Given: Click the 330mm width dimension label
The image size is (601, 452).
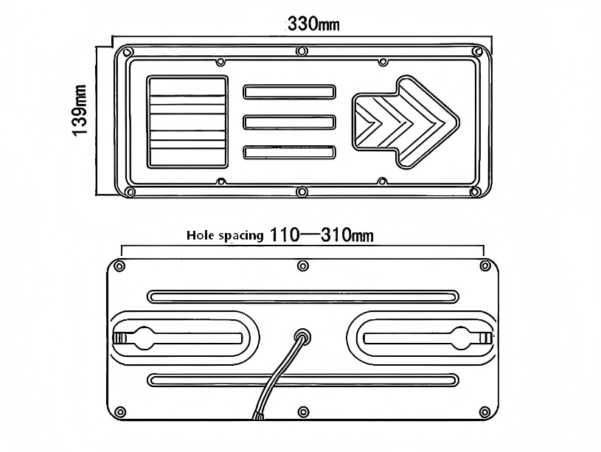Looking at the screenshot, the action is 313,24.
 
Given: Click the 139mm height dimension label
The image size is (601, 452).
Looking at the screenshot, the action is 80,111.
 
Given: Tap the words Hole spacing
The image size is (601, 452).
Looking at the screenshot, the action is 225,235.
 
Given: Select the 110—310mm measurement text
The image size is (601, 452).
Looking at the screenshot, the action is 322,234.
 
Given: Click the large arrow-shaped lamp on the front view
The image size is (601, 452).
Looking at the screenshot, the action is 406,122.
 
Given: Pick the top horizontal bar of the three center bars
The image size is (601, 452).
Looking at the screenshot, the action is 289,92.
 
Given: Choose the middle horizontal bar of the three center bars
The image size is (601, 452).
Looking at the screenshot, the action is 289,122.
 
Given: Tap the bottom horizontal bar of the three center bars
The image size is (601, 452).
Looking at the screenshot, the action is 289,152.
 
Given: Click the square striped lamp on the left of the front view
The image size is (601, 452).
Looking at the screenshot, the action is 187,122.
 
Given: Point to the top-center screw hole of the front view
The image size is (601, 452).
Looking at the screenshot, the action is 302,51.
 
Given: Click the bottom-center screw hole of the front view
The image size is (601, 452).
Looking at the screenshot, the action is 302,191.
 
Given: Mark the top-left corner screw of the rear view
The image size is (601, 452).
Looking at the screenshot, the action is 120,265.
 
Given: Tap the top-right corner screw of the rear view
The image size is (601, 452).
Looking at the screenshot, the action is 485,265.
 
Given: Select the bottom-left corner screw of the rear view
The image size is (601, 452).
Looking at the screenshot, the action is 120,412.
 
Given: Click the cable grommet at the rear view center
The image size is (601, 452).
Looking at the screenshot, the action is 302,338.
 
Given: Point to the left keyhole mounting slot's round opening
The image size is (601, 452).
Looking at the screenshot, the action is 144,338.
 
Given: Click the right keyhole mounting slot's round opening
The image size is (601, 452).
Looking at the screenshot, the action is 461,338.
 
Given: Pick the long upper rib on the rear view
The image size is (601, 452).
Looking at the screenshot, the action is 303,296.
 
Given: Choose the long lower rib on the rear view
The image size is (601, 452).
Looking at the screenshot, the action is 303,380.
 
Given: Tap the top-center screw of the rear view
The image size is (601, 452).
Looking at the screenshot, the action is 303,265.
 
